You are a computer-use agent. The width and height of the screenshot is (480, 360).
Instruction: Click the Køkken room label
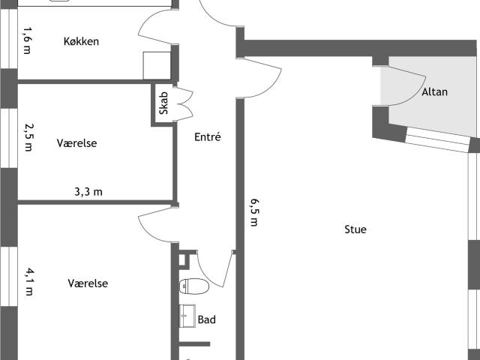(81, 41)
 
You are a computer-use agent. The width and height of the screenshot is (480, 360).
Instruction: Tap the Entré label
(208, 136)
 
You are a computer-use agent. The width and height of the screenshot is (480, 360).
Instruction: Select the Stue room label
(355, 229)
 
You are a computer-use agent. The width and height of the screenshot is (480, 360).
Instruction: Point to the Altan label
(435, 91)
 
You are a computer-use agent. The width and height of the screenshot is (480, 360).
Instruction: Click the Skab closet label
(163, 103)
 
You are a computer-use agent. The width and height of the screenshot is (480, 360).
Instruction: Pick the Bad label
(207, 319)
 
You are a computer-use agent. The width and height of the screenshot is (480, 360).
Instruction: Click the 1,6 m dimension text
(28, 40)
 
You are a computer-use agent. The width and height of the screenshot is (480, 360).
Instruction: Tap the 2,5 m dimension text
(28, 137)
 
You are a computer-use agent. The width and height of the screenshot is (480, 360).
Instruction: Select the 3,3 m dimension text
(88, 192)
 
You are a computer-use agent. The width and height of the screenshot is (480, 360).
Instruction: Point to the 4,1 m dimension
(30, 282)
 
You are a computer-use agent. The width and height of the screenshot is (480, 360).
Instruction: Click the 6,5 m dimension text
(254, 212)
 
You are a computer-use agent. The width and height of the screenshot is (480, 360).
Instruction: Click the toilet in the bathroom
(194, 286)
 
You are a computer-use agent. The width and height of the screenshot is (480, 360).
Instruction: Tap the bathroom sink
(187, 316)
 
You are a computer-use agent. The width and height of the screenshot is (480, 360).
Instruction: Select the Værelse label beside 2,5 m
(76, 143)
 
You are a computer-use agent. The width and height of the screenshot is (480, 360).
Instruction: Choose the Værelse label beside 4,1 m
(88, 283)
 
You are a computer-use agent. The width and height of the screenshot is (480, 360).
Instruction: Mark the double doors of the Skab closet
(184, 104)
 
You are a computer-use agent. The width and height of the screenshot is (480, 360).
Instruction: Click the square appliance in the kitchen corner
(157, 66)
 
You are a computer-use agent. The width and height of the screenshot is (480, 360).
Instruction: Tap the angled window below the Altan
(437, 140)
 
